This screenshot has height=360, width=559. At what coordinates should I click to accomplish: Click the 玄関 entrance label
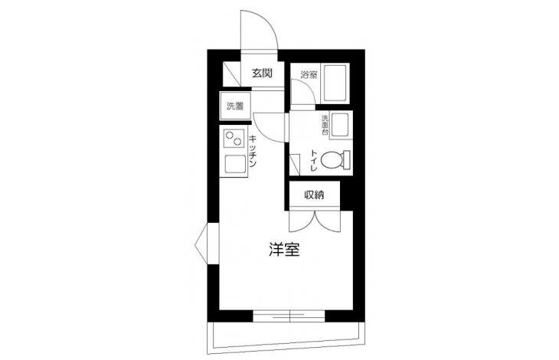pos(263,74)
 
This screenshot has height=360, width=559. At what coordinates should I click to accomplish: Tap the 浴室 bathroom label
pos(309,75)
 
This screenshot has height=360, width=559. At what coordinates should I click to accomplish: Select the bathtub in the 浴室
pos(335,82)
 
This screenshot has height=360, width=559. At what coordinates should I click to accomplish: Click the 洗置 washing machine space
pos(235,106)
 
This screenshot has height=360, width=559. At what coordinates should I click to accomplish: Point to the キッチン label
pos(252,151)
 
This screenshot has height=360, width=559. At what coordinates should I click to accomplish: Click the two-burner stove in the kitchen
pos(234,139)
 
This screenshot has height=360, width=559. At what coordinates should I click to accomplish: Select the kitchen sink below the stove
pos(235,165)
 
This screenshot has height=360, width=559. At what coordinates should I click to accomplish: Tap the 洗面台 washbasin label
pos(325,125)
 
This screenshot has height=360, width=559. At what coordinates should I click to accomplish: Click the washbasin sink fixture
pos(340,125)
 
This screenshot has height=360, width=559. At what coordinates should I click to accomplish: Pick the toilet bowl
pos(335,159)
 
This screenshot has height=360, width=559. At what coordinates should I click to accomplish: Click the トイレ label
pos(314,161)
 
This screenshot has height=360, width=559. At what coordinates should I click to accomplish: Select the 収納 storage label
pos(314,195)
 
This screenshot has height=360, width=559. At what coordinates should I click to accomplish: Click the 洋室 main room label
pos(284,250)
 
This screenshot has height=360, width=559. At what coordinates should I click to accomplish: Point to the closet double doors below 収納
pos(315,221)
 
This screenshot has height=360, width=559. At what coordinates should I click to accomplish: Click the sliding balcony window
pos(289,316)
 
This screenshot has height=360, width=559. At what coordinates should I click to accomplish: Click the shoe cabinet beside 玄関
pos(232,74)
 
